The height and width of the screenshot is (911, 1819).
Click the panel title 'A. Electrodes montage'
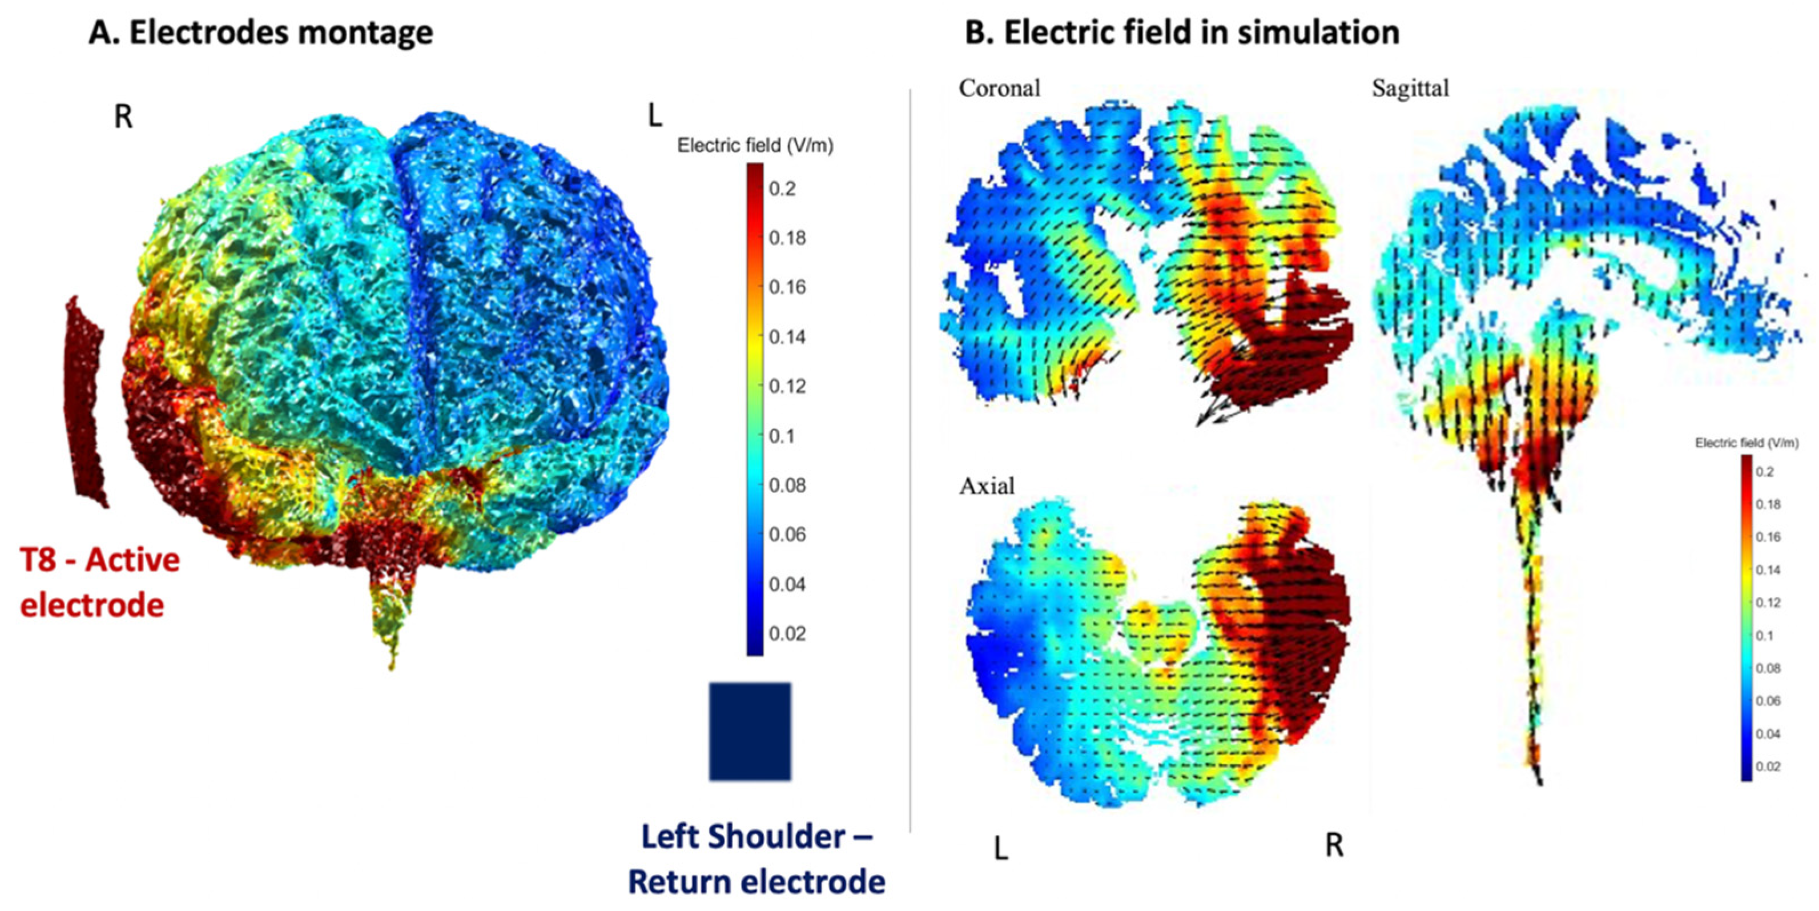coord(260,33)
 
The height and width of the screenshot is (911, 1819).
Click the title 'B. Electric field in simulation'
coord(1181,33)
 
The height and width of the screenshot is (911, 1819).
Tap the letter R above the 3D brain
coord(123,117)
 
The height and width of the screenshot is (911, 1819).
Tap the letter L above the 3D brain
coord(655,117)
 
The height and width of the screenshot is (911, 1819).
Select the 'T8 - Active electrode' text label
coord(99,582)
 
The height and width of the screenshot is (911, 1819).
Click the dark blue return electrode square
coord(750,731)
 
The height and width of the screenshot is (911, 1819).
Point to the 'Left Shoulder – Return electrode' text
coord(756,859)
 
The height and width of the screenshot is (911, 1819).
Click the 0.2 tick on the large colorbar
coord(782,188)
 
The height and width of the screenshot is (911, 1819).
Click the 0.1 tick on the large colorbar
coord(782,436)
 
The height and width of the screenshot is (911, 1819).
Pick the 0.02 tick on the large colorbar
coord(787,633)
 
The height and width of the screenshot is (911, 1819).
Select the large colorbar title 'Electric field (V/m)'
coord(755,146)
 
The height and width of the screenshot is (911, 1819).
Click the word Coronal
coord(999,89)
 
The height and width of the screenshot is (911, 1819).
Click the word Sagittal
coord(1410,89)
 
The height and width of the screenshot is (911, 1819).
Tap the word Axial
coord(987,486)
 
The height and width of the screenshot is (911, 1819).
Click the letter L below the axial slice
coord(1001,848)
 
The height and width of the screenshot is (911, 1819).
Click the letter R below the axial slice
coord(1334,845)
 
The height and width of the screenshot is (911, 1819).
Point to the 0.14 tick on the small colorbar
coord(1768,570)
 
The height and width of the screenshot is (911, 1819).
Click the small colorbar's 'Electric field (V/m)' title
coord(1746,443)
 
